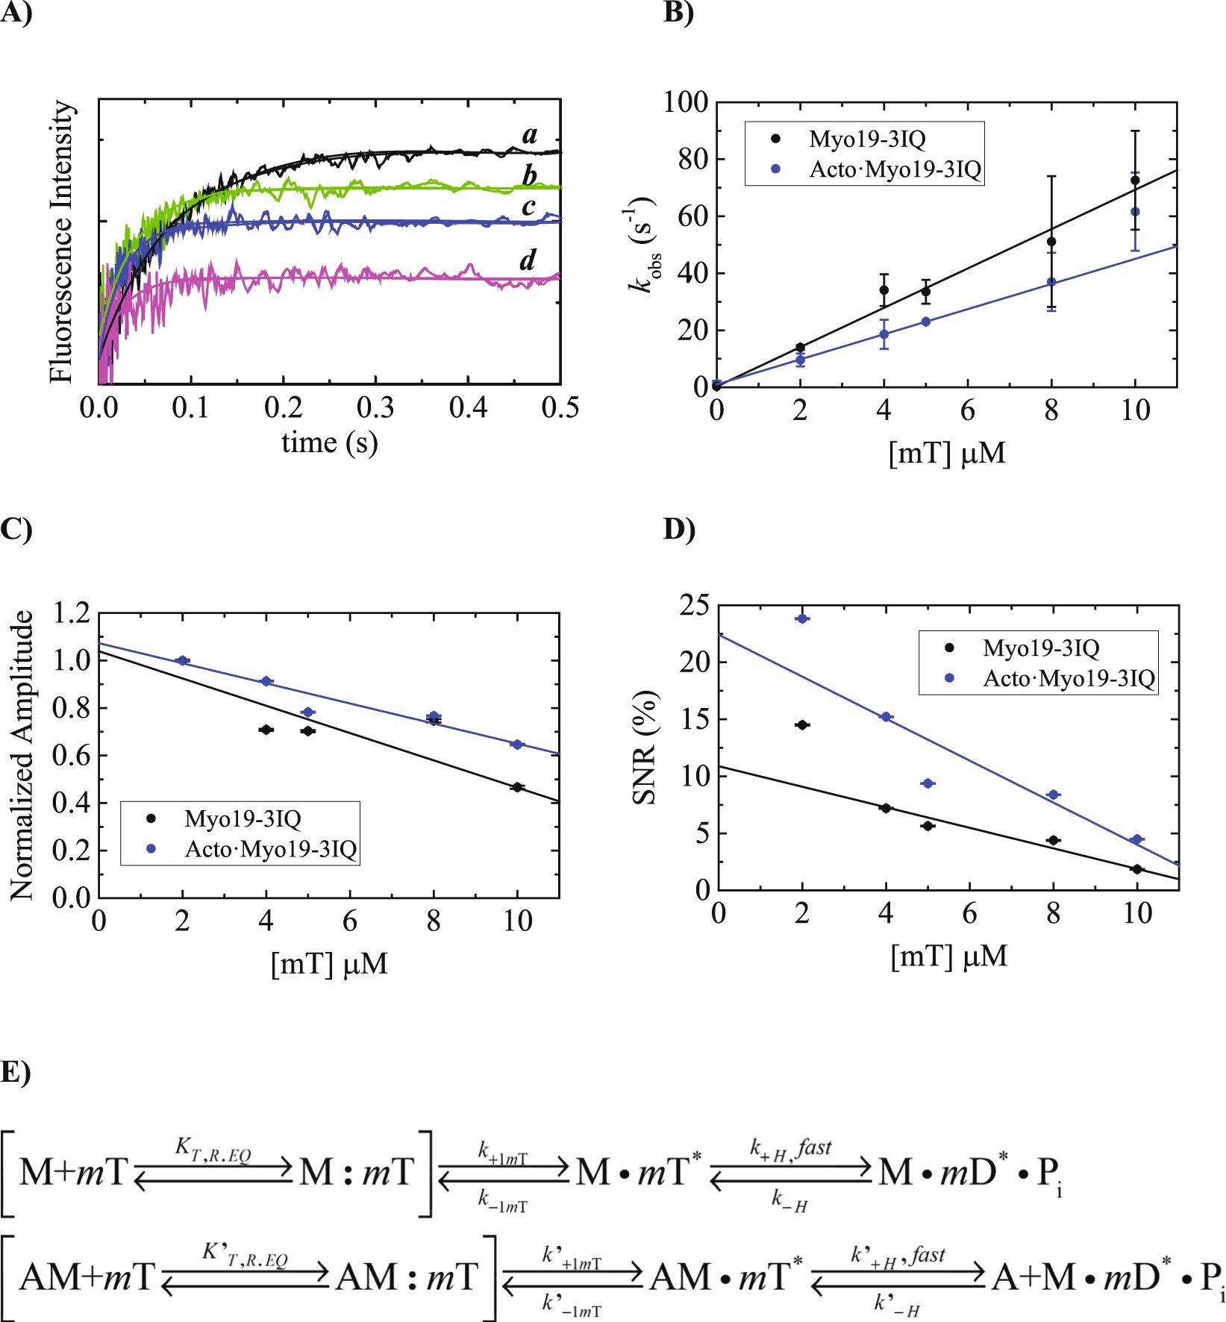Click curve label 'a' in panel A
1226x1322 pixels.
point(530,136)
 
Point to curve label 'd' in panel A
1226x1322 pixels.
point(528,260)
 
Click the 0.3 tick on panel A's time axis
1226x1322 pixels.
point(375,408)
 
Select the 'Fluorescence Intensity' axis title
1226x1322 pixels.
point(63,242)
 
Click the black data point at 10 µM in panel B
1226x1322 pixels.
point(1135,181)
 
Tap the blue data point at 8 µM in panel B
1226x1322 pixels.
point(1051,282)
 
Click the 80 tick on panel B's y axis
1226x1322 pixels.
point(692,159)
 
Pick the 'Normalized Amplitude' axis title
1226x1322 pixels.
point(22,755)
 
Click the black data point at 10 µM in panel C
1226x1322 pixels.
point(516,787)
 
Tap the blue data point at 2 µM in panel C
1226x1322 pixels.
point(182,660)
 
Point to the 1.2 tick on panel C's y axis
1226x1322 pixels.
point(72,613)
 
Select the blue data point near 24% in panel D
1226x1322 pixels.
point(802,618)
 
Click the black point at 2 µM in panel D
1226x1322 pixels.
point(802,724)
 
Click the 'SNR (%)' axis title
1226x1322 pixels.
point(645,748)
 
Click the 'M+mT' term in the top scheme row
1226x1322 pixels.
point(73,1172)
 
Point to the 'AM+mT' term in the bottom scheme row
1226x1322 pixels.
point(87,1276)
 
